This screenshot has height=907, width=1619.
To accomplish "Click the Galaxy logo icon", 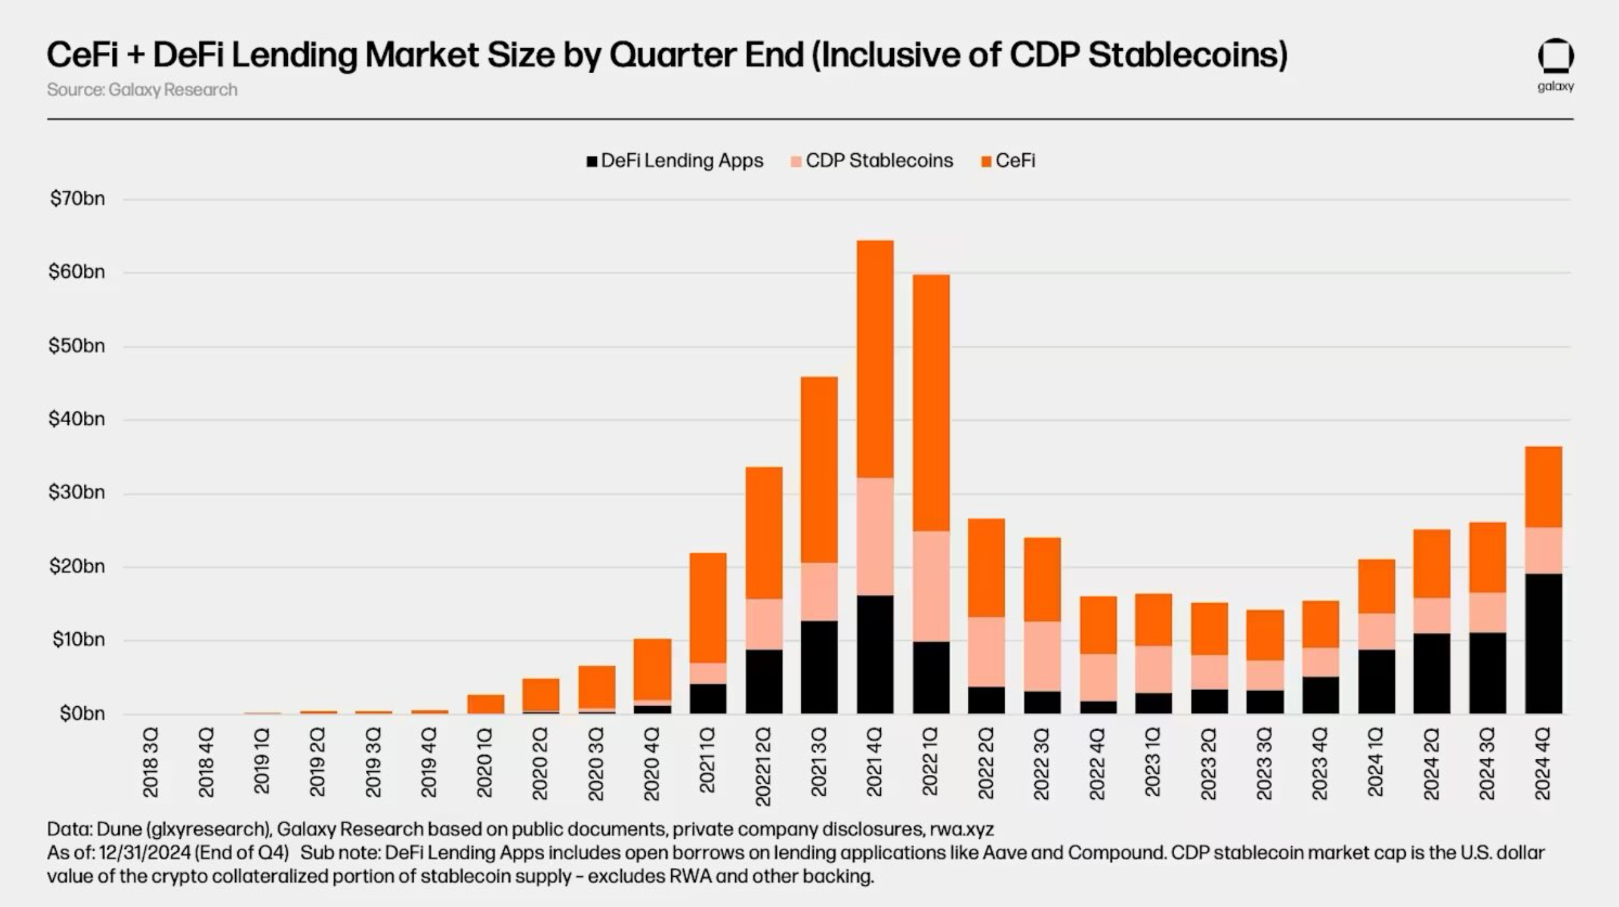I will (x=1556, y=57).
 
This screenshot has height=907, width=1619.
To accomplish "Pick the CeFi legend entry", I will (x=1008, y=161).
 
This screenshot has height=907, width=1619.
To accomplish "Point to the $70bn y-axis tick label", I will (x=78, y=200).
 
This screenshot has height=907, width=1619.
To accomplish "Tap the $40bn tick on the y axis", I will (x=78, y=419).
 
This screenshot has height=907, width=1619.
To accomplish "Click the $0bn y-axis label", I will (x=82, y=714).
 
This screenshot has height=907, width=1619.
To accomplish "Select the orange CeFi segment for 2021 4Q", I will (x=875, y=358).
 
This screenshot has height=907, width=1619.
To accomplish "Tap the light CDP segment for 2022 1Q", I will (x=931, y=586).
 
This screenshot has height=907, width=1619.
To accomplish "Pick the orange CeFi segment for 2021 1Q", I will (x=708, y=607).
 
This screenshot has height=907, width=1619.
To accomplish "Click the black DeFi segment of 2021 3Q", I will (x=819, y=667).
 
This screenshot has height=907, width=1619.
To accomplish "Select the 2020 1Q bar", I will (x=485, y=704).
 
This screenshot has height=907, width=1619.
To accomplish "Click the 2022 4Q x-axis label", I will (x=1097, y=763).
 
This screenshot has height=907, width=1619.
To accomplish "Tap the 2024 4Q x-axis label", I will (x=1543, y=763).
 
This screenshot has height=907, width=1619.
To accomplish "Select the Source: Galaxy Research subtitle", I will (x=142, y=90).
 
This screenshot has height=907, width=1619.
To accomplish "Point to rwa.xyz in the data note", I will (x=962, y=829).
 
